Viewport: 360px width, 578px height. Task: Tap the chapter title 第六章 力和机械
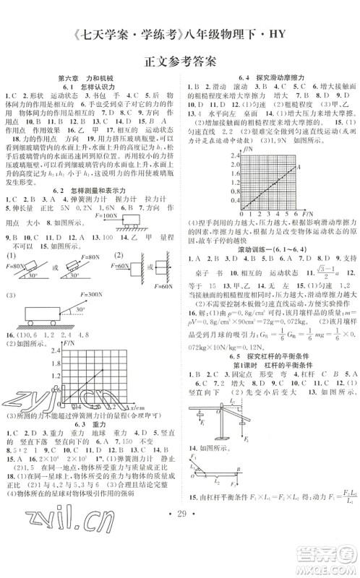click(90, 75)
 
